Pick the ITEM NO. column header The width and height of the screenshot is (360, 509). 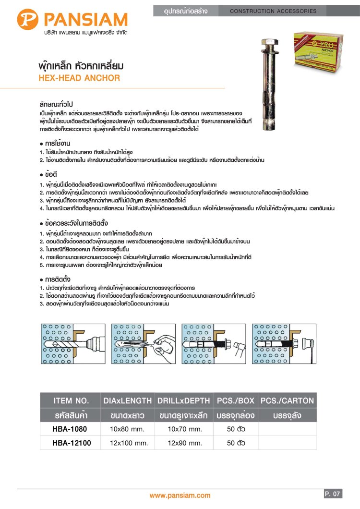tap(71, 400)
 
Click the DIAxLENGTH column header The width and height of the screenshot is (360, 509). tap(128, 400)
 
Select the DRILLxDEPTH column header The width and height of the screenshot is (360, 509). tap(183, 400)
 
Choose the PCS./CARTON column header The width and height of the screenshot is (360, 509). tap(287, 400)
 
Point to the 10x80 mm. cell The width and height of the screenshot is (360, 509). tap(128, 429)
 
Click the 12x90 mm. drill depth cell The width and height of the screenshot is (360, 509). tap(183, 443)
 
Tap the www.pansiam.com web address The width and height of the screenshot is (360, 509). tap(180, 495)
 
